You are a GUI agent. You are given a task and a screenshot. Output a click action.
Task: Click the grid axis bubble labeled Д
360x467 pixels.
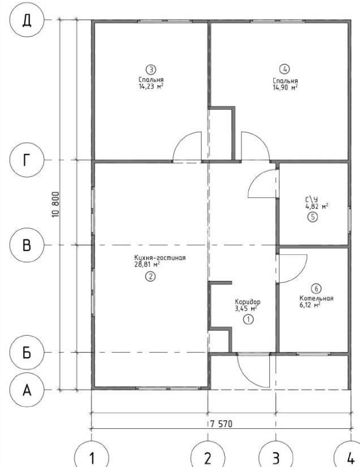[x=27, y=20]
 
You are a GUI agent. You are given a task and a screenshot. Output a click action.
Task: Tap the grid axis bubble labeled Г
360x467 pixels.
[x=27, y=160]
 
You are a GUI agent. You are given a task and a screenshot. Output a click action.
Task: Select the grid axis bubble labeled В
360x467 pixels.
[x=27, y=245]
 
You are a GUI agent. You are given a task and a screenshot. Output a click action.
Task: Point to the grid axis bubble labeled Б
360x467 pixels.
[x=27, y=353]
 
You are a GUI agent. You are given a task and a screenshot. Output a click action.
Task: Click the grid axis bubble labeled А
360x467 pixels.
[x=27, y=390]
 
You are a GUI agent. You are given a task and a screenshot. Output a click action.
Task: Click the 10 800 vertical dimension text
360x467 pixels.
[x=55, y=205]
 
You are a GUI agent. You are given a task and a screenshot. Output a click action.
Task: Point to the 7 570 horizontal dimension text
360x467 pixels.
[x=221, y=424]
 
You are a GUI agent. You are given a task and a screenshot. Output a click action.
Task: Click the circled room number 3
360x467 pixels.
[x=151, y=70]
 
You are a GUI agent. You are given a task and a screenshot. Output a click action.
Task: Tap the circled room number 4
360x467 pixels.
[x=284, y=69]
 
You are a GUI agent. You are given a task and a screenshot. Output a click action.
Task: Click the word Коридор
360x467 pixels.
[x=247, y=302]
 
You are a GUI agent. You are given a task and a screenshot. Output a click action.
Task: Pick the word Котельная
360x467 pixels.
[x=316, y=298]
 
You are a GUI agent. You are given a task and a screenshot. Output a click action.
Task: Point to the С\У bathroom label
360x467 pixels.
[x=311, y=199]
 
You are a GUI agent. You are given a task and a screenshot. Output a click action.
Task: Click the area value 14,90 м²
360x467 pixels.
[x=285, y=87]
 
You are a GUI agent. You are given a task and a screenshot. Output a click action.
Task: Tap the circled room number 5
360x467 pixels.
[x=313, y=217]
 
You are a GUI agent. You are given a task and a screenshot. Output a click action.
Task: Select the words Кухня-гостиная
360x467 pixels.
[x=160, y=258]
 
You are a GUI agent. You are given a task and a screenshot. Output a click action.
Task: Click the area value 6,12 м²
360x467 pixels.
[x=310, y=305]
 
